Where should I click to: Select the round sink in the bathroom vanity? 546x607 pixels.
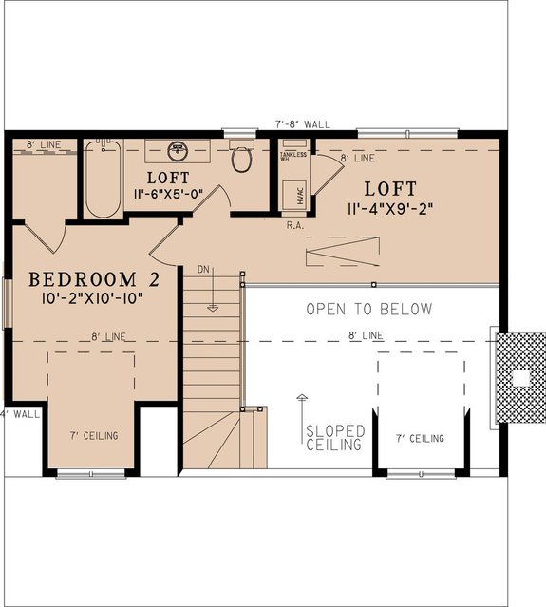(177, 151)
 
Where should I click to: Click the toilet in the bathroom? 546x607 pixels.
(241, 159)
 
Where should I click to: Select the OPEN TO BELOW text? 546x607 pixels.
(368, 309)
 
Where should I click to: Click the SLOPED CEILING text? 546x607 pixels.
(333, 437)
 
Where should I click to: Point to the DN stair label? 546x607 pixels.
(203, 270)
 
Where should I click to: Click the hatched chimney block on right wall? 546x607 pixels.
(520, 378)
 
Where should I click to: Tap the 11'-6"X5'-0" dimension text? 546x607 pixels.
(168, 194)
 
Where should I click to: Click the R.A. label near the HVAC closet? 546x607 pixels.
(293, 227)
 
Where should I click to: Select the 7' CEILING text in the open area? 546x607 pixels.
(420, 438)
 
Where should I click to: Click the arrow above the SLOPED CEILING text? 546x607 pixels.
(302, 407)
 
